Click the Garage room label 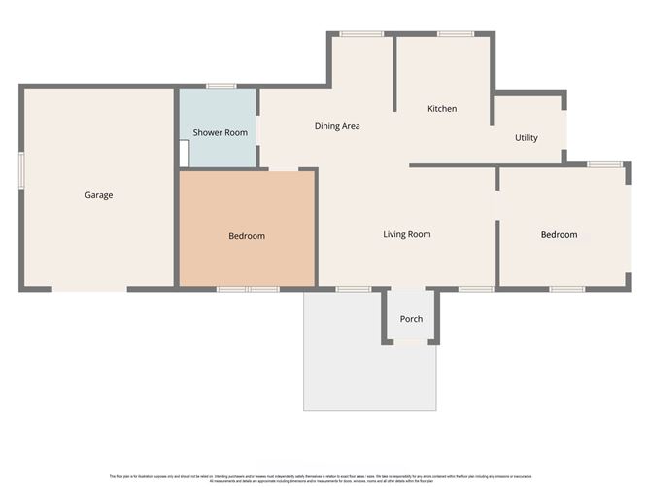[x=98, y=195]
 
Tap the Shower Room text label [x=220, y=132]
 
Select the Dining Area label [x=337, y=126]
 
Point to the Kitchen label [x=442, y=109]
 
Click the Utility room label [x=526, y=138]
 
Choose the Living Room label [x=406, y=234]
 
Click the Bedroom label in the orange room [x=247, y=236]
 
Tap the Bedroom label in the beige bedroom [x=559, y=235]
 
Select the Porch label [x=411, y=319]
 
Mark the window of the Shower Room [x=221, y=87]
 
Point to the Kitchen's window [x=455, y=35]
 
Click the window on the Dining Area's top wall [x=360, y=35]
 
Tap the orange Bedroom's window [x=247, y=289]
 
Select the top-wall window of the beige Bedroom [x=604, y=164]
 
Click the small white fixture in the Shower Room [x=184, y=154]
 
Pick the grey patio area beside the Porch [x=341, y=360]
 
